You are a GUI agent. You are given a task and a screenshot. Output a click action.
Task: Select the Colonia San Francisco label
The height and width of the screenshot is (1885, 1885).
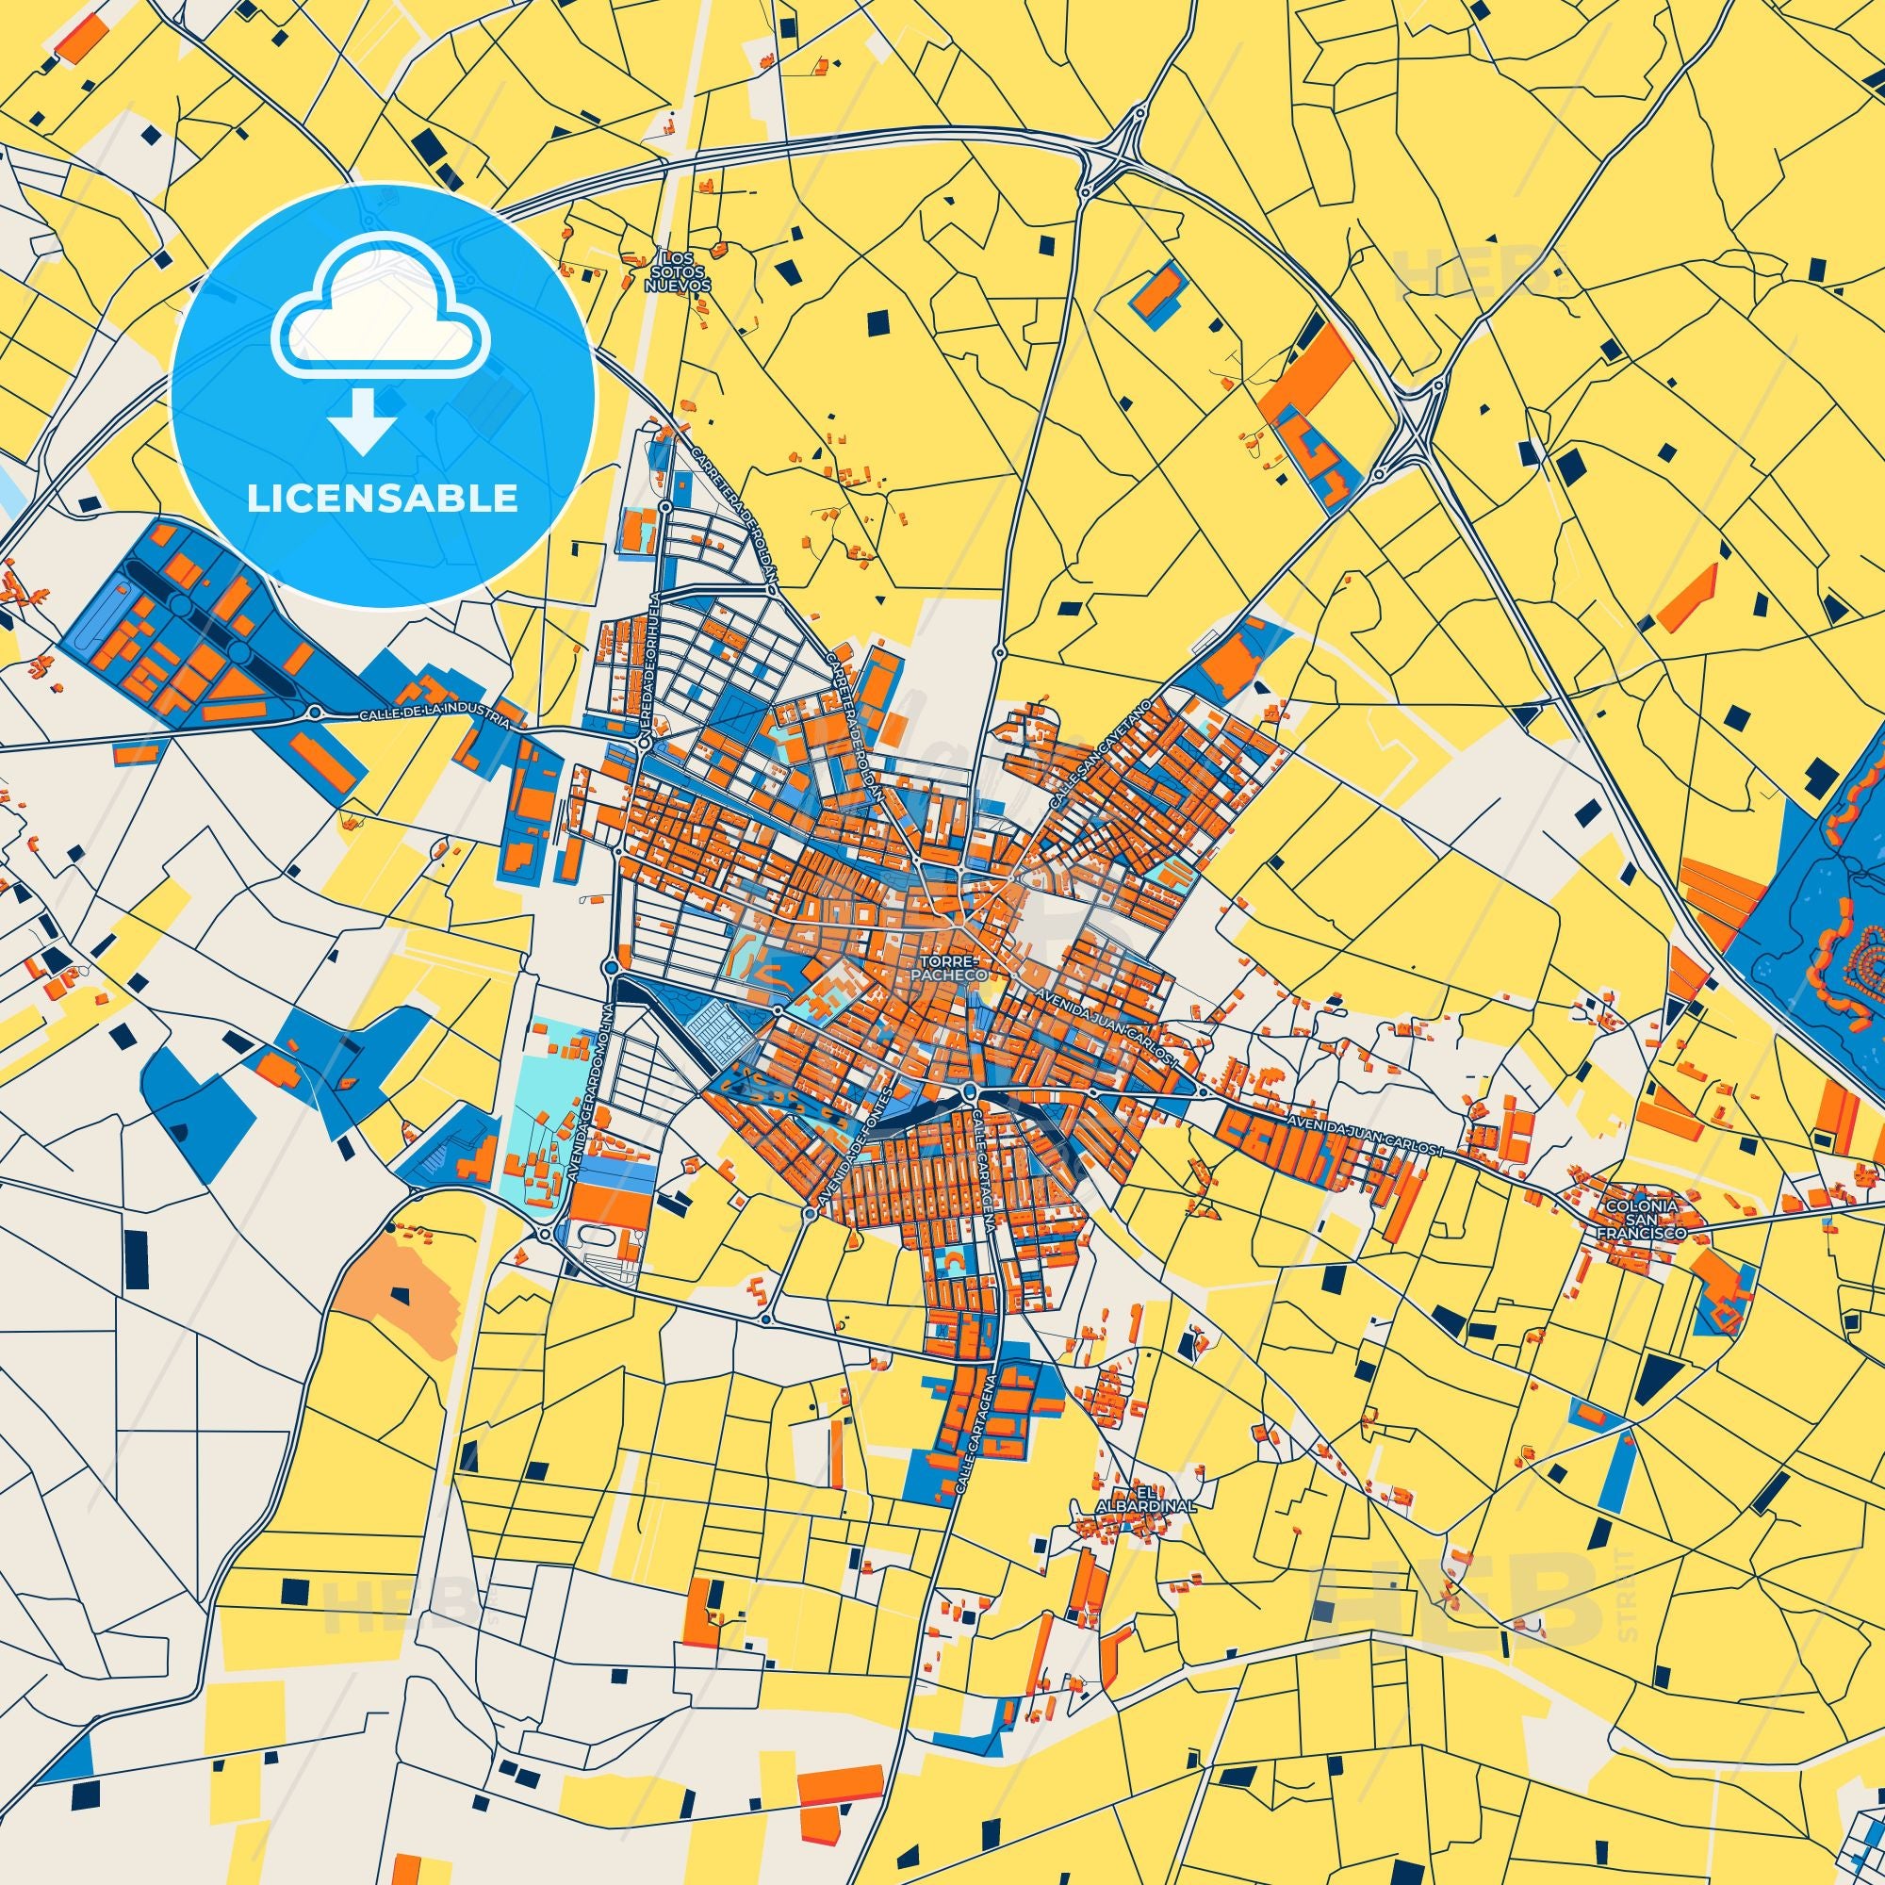pyautogui.click(x=1640, y=1220)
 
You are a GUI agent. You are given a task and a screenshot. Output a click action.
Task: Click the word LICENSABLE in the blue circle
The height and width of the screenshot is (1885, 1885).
pyautogui.click(x=382, y=499)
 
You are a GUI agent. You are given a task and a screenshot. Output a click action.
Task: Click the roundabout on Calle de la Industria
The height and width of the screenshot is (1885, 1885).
pyautogui.click(x=316, y=713)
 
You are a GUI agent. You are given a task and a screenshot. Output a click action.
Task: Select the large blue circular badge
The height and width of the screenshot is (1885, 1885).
pyautogui.click(x=382, y=395)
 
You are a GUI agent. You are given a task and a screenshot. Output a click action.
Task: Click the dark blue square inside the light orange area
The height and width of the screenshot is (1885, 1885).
pyautogui.click(x=399, y=1296)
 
